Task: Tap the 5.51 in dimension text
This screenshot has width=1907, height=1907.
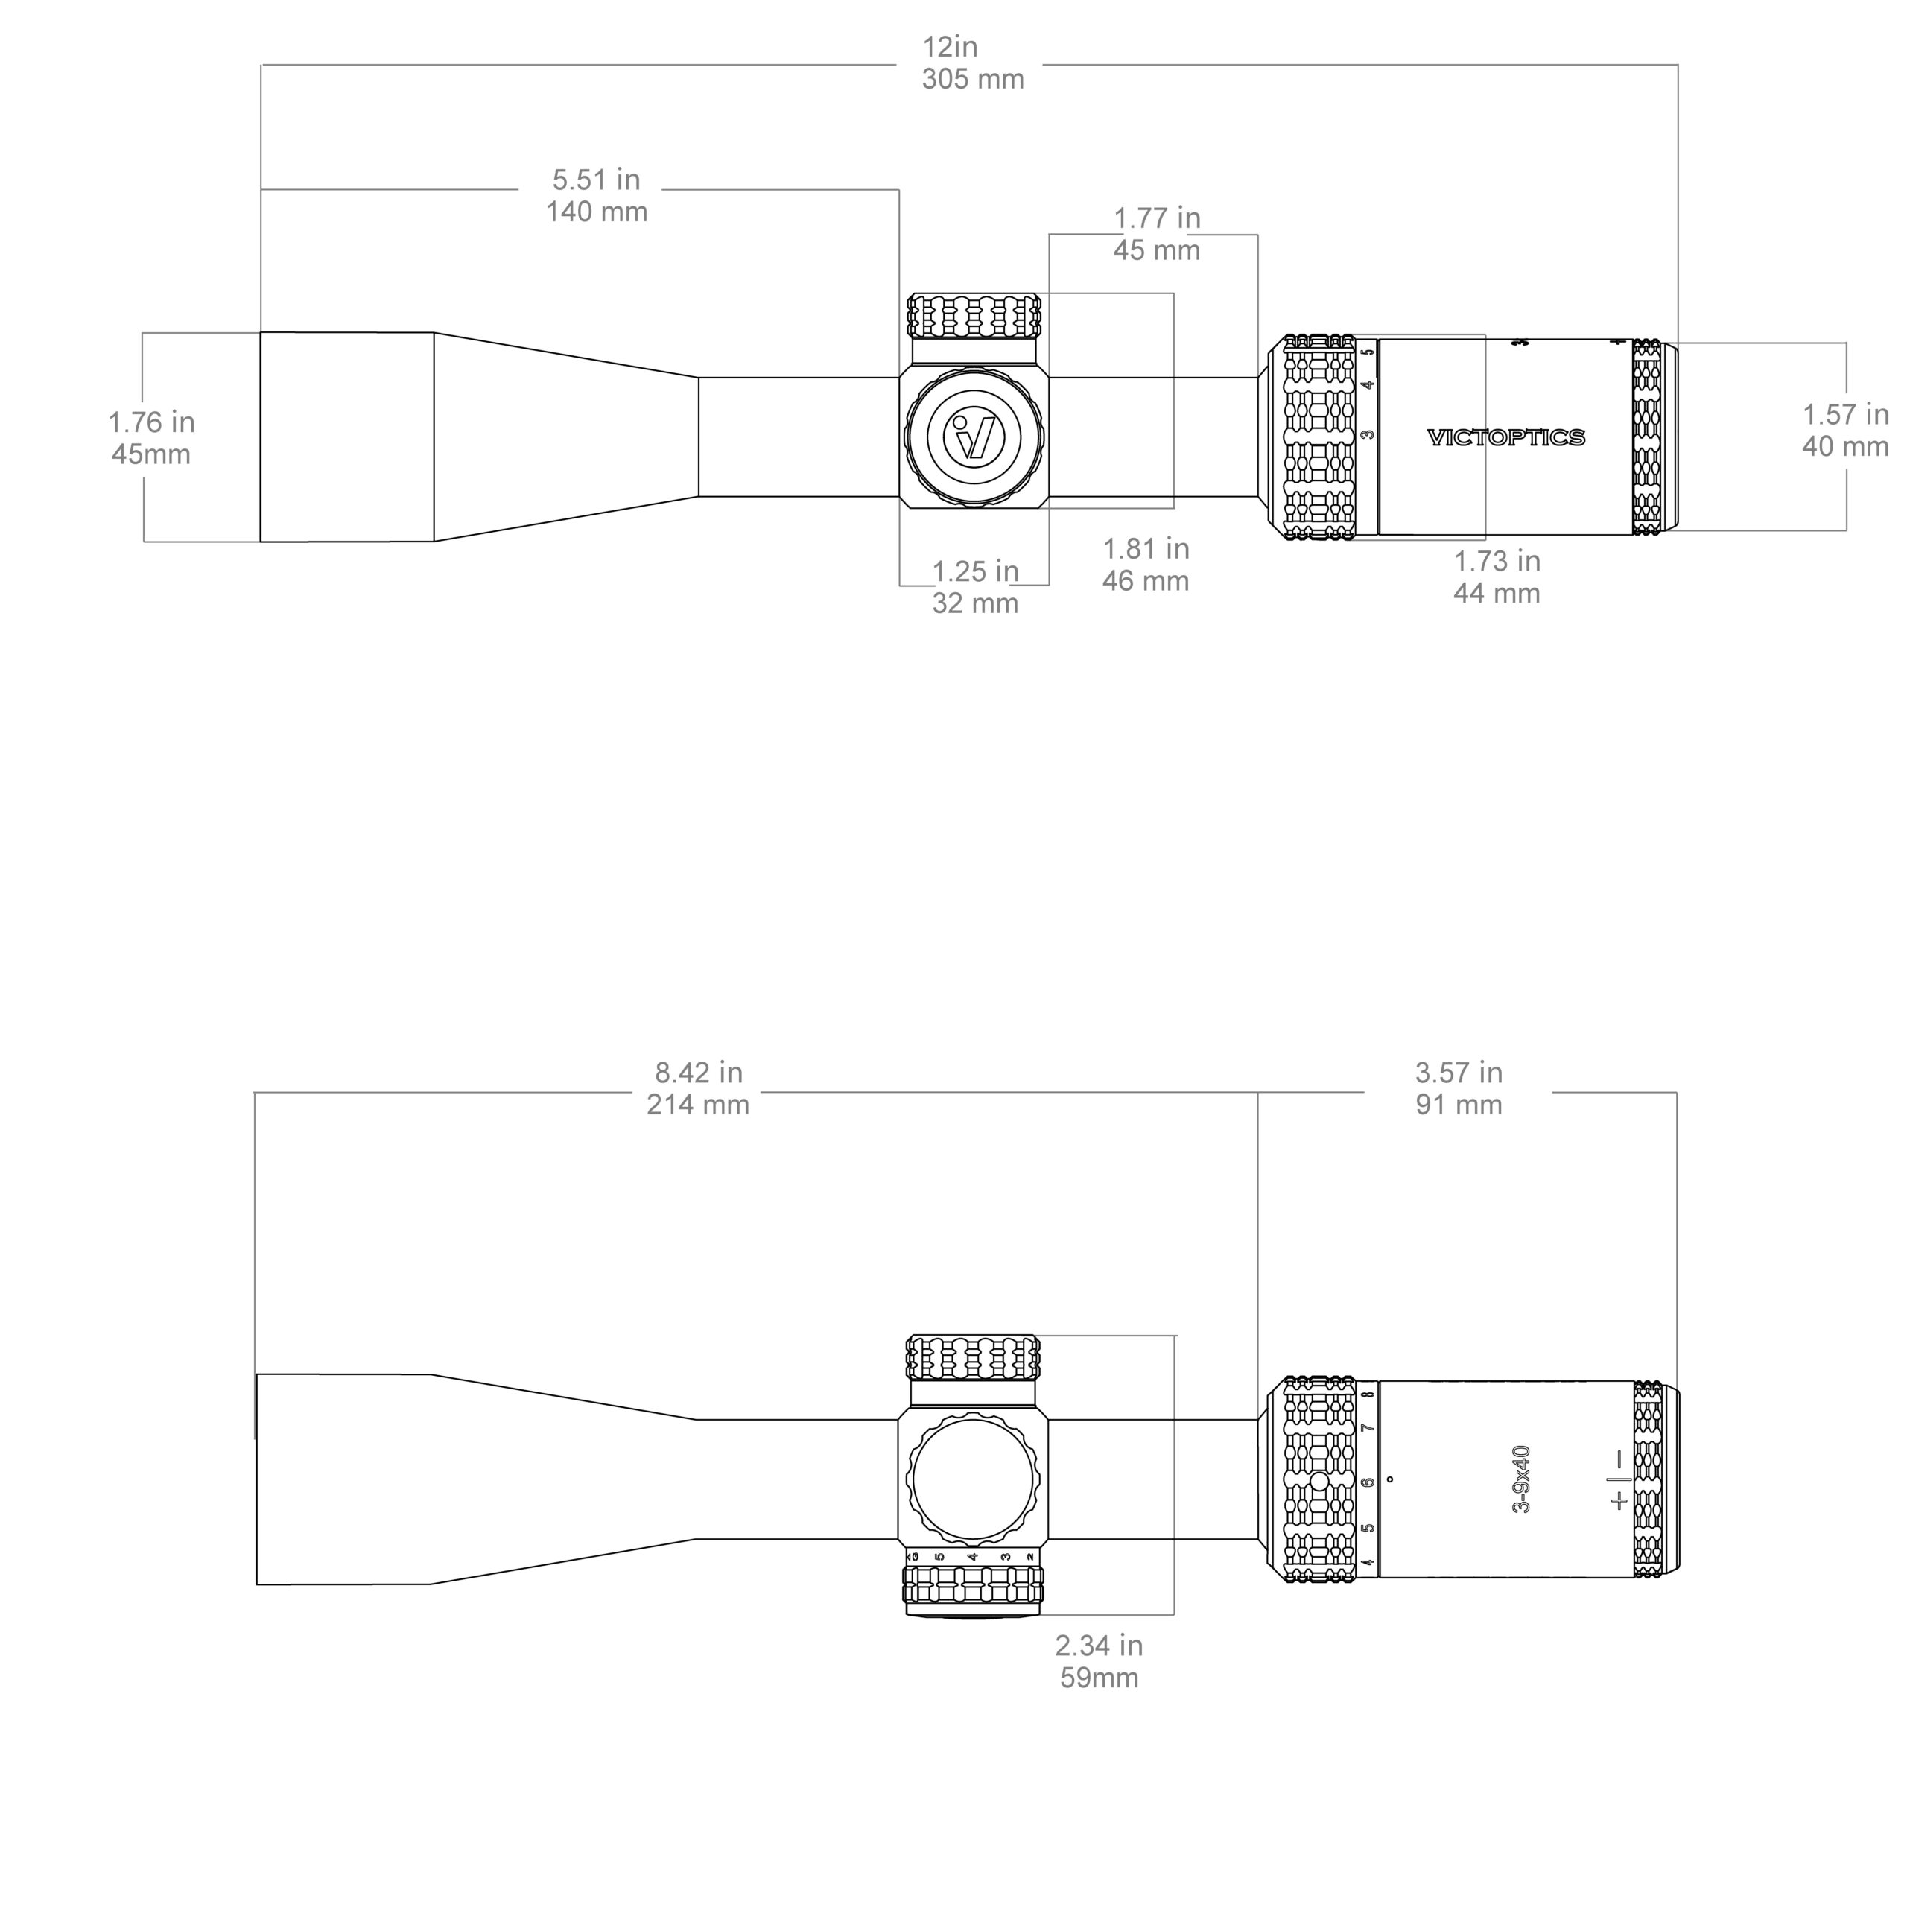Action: click(595, 180)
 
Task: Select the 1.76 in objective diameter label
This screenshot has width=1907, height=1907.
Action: click(151, 422)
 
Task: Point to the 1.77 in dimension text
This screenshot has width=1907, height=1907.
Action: click(1157, 218)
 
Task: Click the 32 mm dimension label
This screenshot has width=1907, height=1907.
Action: click(974, 603)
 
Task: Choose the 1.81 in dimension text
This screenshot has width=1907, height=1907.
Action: click(1145, 549)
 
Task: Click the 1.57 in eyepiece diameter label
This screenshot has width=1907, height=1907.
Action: click(1845, 415)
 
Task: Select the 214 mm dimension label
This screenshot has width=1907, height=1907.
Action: click(698, 1105)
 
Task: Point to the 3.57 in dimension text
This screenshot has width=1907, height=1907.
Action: click(1458, 1072)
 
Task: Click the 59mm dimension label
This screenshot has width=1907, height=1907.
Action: click(1099, 1678)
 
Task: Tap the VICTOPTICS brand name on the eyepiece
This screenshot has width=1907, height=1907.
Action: click(1505, 437)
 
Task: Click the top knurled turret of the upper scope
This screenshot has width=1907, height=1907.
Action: click(974, 317)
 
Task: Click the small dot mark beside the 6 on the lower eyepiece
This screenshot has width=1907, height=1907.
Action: click(1390, 1479)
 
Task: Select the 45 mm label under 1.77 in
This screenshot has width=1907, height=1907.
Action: click(1156, 251)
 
